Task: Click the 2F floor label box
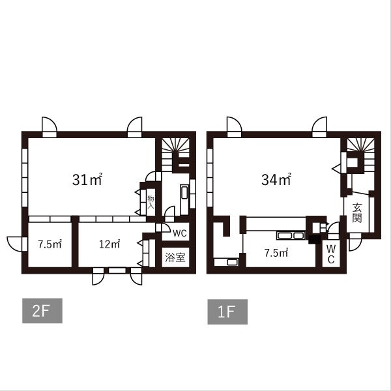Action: [42, 311]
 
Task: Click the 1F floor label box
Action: [227, 311]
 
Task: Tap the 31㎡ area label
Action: [87, 179]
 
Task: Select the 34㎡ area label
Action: [276, 179]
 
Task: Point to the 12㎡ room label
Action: [109, 244]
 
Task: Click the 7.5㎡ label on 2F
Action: [50, 244]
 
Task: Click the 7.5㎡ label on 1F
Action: [276, 253]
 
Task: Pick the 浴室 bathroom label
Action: [175, 257]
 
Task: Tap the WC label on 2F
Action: [180, 233]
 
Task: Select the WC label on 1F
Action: [331, 254]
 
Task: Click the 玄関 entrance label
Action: [357, 213]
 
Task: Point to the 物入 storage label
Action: [151, 202]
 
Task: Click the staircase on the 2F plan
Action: [175, 154]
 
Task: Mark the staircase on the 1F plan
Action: [361, 154]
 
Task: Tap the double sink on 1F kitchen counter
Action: [291, 235]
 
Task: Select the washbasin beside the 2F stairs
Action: [184, 192]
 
